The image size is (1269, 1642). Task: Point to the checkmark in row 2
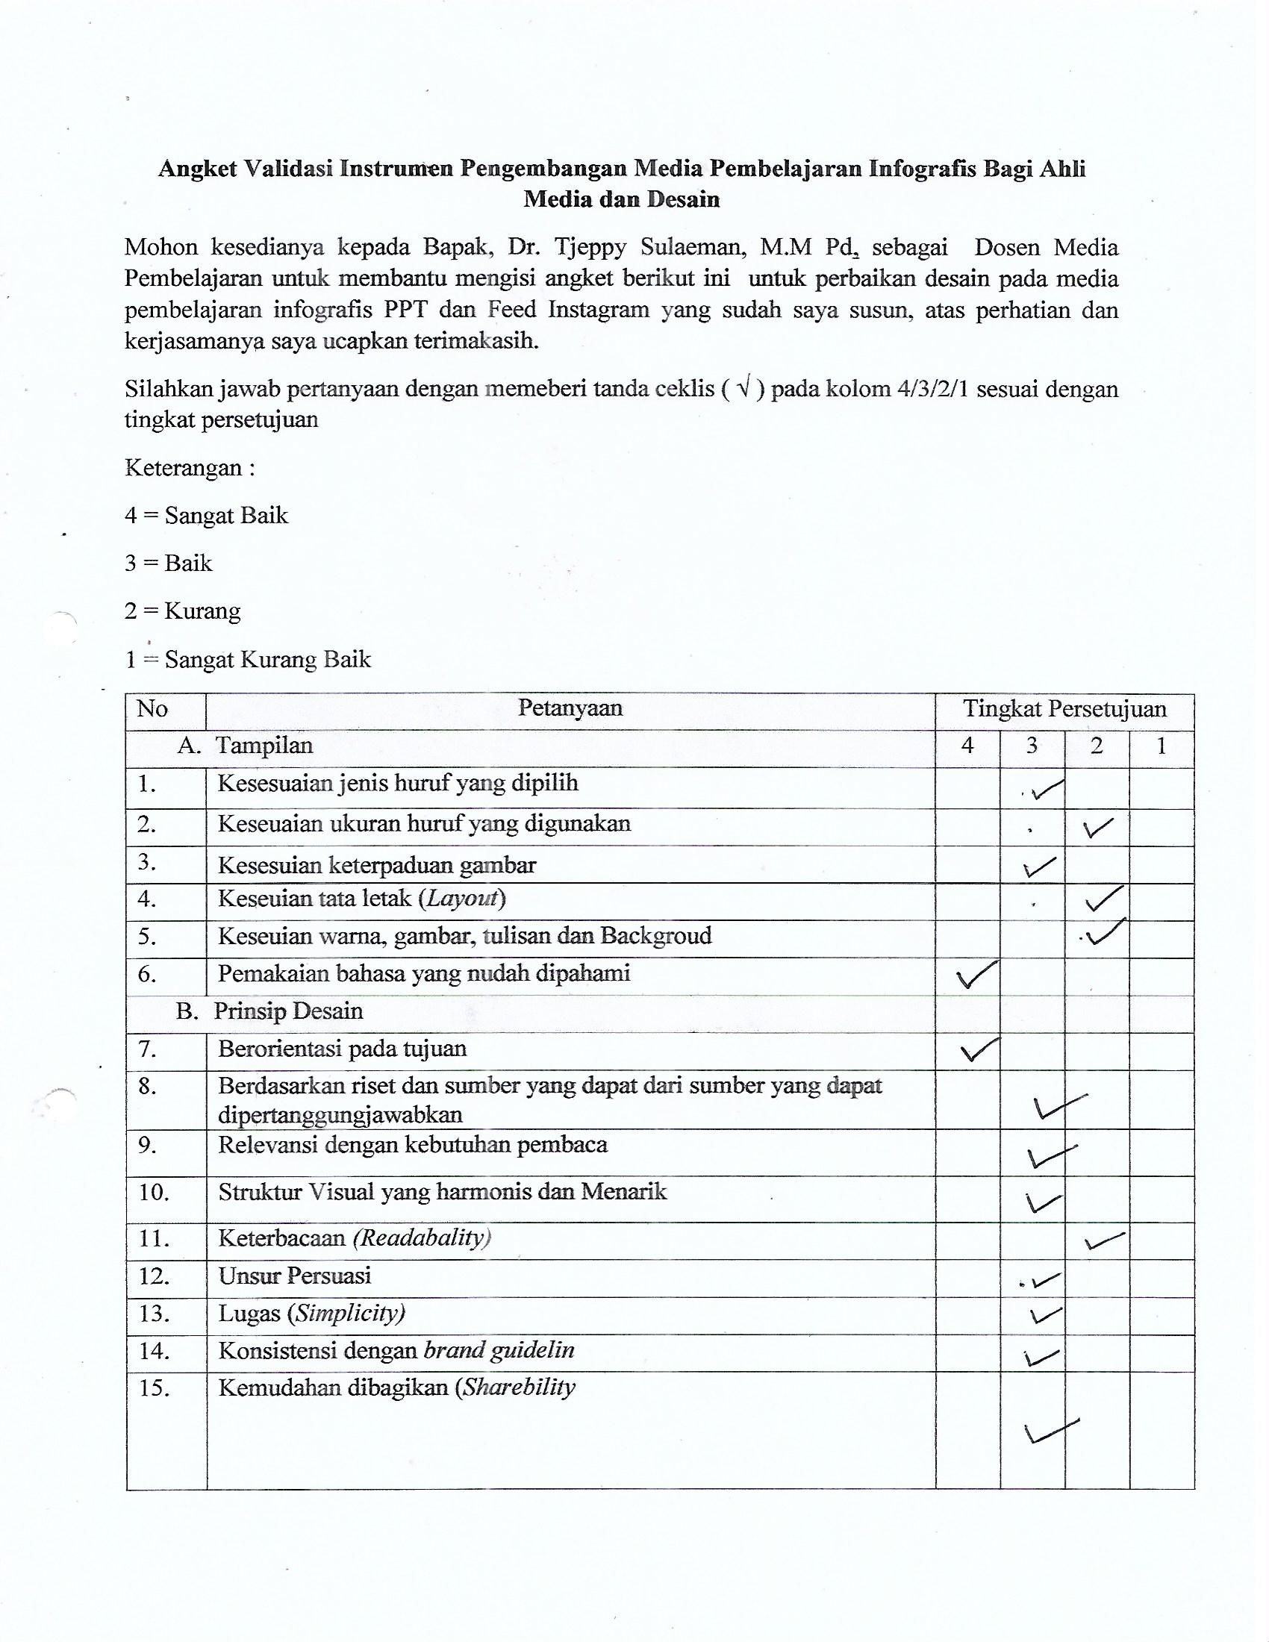pyautogui.click(x=1098, y=828)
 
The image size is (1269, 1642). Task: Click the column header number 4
pyautogui.click(x=967, y=746)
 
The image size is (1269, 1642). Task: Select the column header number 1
pyautogui.click(x=1161, y=746)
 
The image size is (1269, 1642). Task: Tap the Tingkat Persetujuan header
pyautogui.click(x=1064, y=709)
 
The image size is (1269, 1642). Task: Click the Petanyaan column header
pyautogui.click(x=570, y=708)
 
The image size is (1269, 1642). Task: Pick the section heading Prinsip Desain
pyautogui.click(x=287, y=1011)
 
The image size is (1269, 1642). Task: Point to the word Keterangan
pyautogui.click(x=184, y=469)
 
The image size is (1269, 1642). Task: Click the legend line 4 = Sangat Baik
pyautogui.click(x=206, y=516)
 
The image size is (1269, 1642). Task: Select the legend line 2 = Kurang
pyautogui.click(x=183, y=611)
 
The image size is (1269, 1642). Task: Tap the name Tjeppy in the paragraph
pyautogui.click(x=588, y=247)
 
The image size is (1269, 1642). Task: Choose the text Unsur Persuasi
pyautogui.click(x=295, y=1276)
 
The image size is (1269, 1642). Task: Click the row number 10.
pyautogui.click(x=154, y=1193)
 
